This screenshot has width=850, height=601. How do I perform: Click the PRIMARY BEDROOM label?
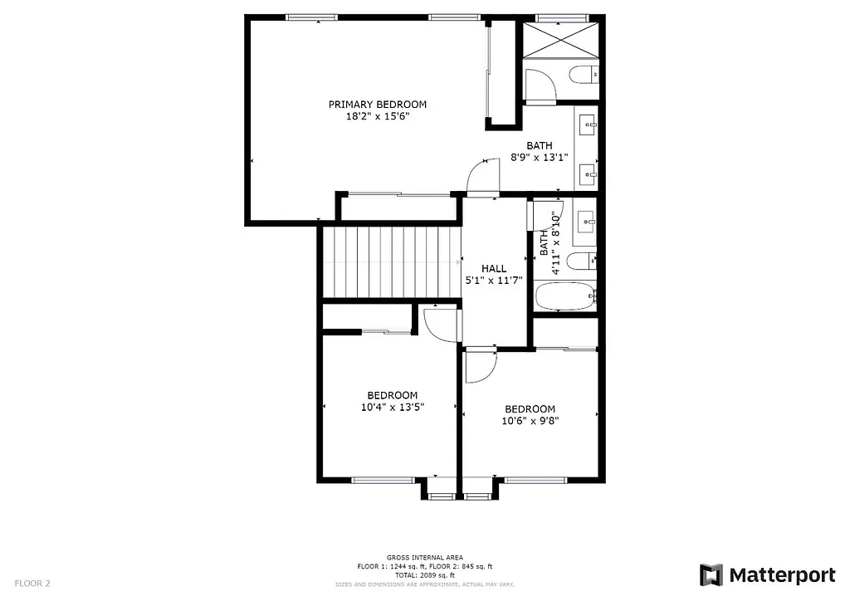[x=377, y=105]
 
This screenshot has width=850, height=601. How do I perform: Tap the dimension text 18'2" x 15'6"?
[x=377, y=117]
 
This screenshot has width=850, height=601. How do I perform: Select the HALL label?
[x=494, y=268]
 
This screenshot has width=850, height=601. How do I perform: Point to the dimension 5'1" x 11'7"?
[x=494, y=281]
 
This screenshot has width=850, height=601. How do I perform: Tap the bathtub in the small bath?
[x=565, y=296]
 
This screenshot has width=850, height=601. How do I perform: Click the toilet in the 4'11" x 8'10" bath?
[x=584, y=260]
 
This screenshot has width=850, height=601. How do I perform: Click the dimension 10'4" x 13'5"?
[x=392, y=407]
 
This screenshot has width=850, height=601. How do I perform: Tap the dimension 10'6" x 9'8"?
[x=530, y=421]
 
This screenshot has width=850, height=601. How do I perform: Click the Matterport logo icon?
[x=711, y=574]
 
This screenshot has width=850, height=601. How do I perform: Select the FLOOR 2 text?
[x=32, y=584]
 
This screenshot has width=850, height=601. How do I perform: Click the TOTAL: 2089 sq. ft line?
[x=424, y=574]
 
